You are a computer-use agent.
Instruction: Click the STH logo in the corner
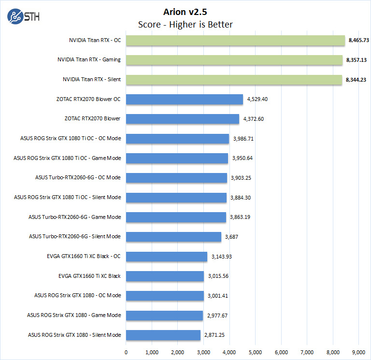point(23,16)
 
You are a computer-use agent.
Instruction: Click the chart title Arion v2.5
point(185,12)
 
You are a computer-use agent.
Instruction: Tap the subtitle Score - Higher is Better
point(185,25)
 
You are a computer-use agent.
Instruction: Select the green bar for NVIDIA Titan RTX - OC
point(236,40)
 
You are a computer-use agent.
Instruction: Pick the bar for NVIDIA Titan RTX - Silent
point(234,79)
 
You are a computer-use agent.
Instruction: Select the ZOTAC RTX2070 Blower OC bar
point(185,99)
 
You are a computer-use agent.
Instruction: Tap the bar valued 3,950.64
point(177,158)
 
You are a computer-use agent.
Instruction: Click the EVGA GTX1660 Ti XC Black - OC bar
point(167,256)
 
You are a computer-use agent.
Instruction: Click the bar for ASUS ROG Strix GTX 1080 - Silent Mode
point(163,335)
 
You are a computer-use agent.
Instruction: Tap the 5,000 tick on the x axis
point(255,352)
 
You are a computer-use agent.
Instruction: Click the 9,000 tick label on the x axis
point(358,352)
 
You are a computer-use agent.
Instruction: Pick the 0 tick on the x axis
point(126,352)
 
